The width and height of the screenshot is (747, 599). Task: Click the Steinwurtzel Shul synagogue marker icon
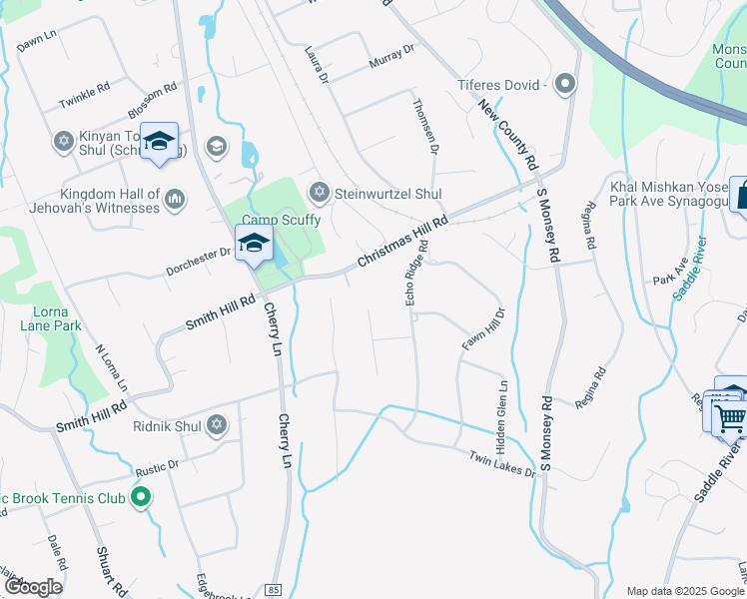point(320,192)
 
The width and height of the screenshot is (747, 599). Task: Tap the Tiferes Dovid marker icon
point(566,84)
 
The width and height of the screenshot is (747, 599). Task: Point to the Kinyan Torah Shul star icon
point(64,141)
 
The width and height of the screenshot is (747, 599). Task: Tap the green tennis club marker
point(141,496)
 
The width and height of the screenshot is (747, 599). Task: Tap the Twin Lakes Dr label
point(503,463)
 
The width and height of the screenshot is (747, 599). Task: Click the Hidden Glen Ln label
point(502,408)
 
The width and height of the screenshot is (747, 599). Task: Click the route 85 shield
point(275,590)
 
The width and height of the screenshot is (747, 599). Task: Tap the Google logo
point(33,588)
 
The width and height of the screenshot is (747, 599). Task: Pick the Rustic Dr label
point(158,465)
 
